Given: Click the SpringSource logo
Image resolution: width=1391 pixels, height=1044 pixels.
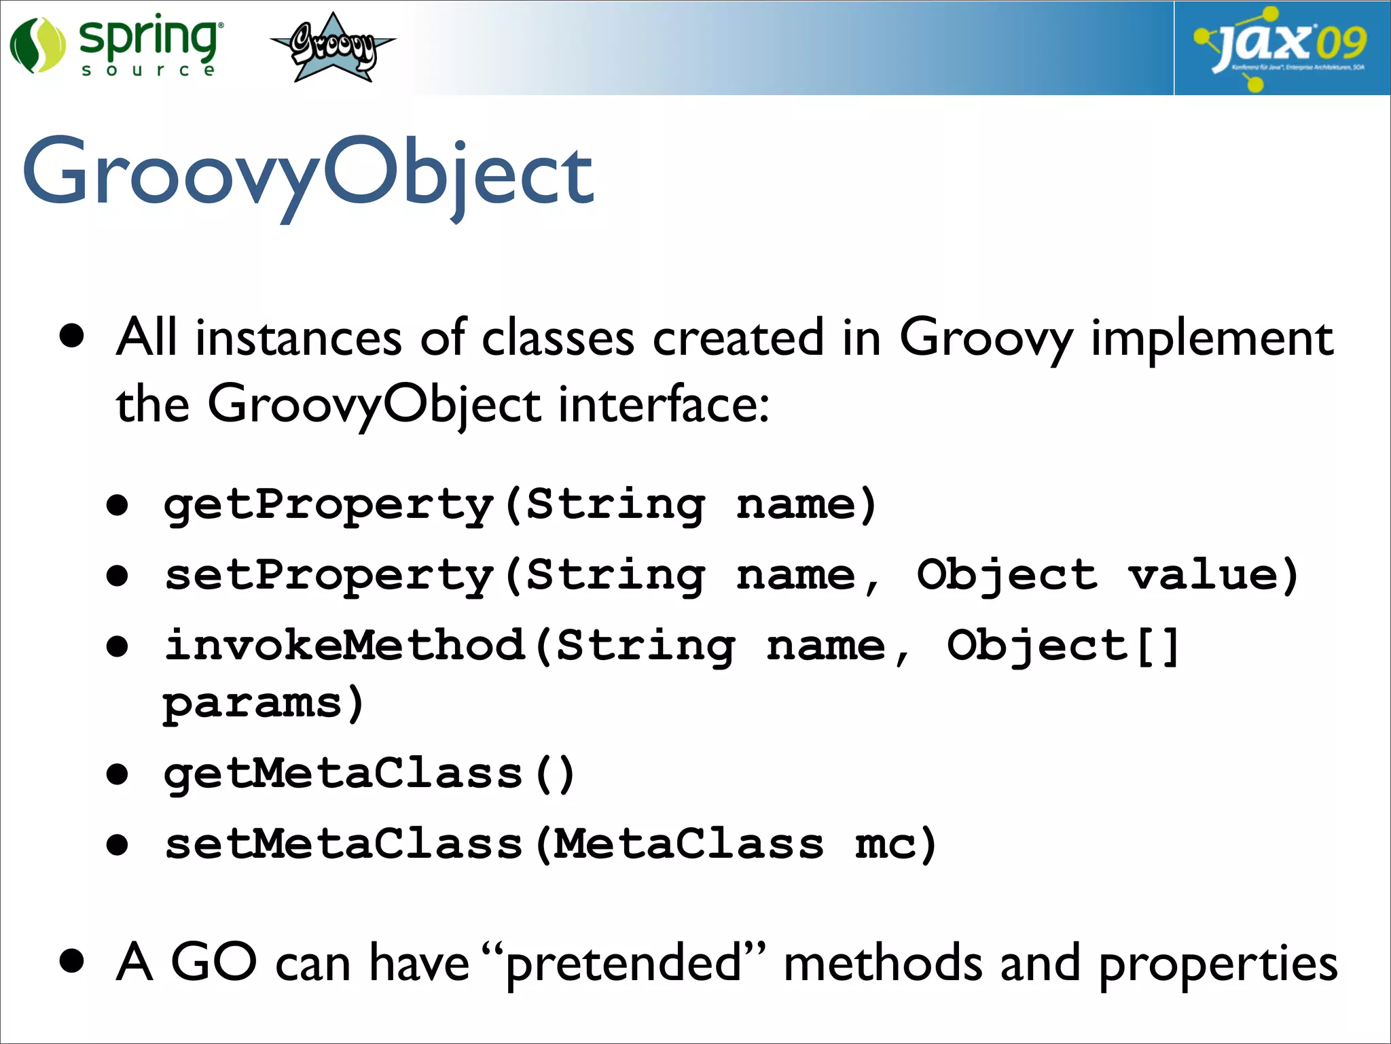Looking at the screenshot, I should (115, 46).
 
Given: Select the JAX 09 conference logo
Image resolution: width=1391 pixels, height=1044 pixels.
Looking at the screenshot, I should (1281, 48).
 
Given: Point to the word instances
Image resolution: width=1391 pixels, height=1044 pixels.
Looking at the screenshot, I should (298, 338).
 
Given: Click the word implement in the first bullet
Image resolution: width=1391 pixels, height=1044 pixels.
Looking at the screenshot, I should (1212, 338).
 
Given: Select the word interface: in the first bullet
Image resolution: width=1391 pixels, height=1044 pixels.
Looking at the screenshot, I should (664, 405).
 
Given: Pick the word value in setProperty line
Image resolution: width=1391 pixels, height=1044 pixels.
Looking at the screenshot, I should (1204, 576).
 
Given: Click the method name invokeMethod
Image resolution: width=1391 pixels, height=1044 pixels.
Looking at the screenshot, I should (344, 646).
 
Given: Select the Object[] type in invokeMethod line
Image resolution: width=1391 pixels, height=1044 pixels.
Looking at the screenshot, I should (1063, 646).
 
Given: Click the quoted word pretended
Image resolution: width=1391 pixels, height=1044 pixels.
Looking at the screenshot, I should (623, 964).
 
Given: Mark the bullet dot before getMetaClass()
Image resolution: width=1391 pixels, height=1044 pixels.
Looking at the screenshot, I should (118, 774).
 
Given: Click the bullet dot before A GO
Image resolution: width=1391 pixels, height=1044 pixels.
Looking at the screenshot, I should (71, 961).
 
